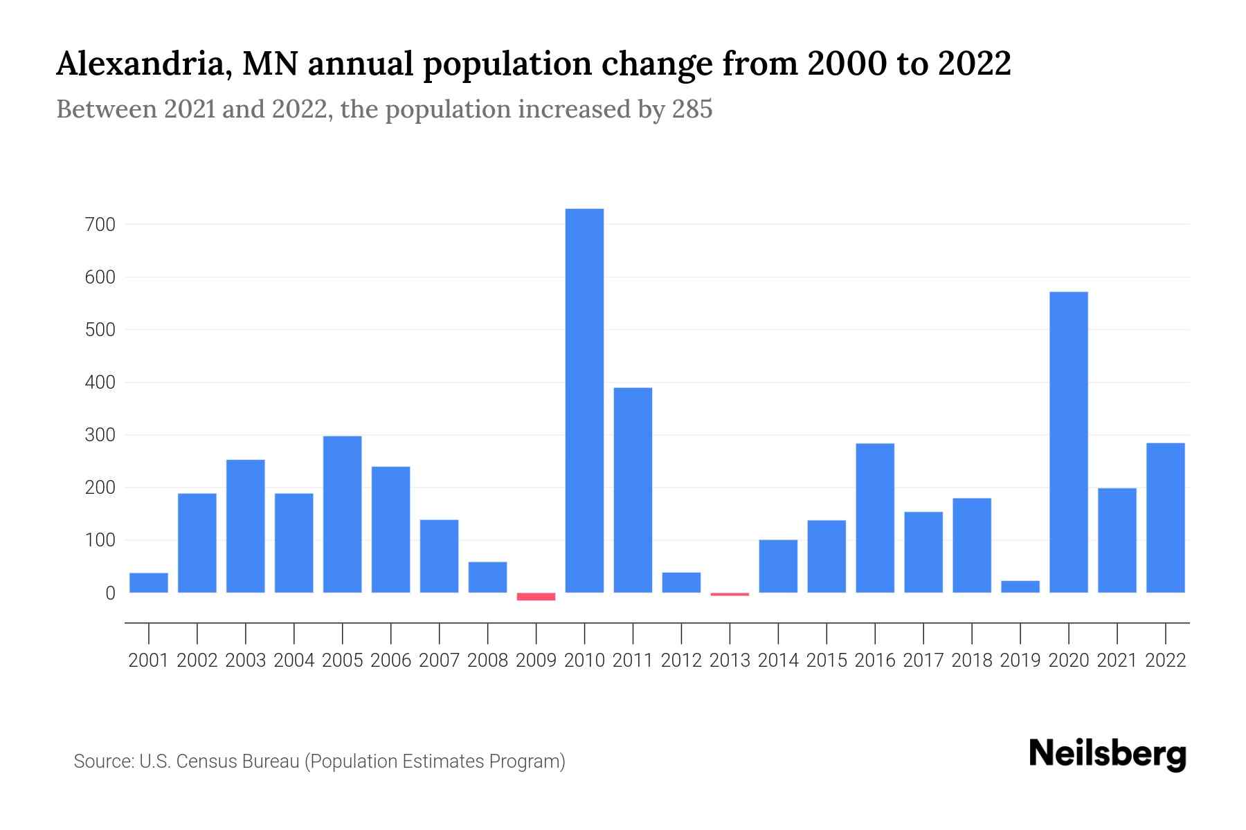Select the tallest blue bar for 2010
[584, 400]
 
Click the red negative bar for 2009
[536, 596]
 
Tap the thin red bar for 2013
[730, 594]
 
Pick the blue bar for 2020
[1068, 442]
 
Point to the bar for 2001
[149, 582]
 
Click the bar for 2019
[1020, 587]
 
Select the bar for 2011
[633, 490]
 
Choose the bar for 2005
[342, 514]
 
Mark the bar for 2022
[1165, 517]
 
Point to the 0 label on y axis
[110, 593]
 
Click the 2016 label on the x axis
[874, 661]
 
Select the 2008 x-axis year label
[487, 661]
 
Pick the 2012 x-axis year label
[681, 661]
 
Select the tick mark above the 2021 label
[1117, 633]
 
